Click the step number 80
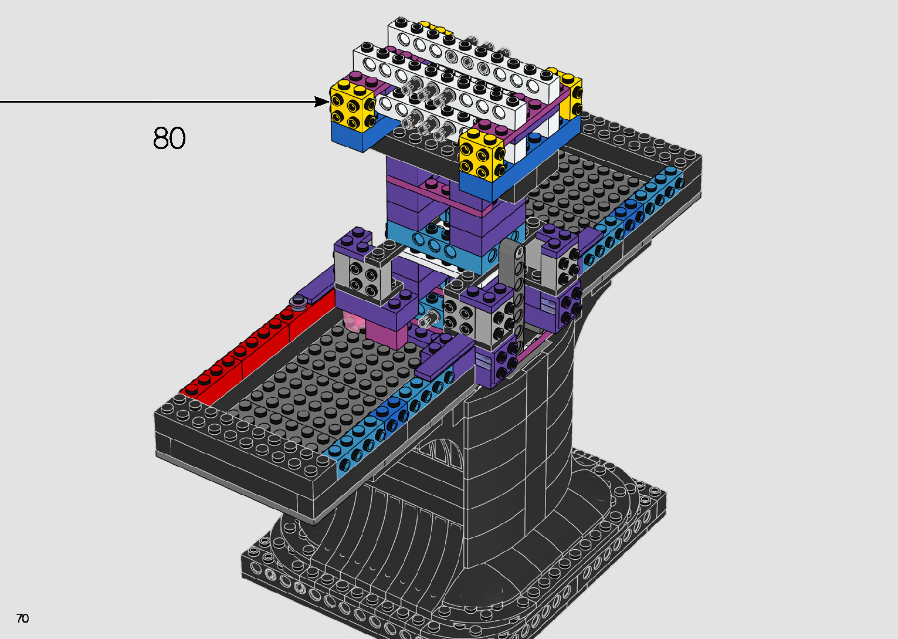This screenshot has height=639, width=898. [x=169, y=138]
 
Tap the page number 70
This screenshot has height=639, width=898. [x=23, y=618]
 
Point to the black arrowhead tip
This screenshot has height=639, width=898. [x=330, y=102]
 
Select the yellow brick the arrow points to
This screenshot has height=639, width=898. [x=353, y=105]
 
